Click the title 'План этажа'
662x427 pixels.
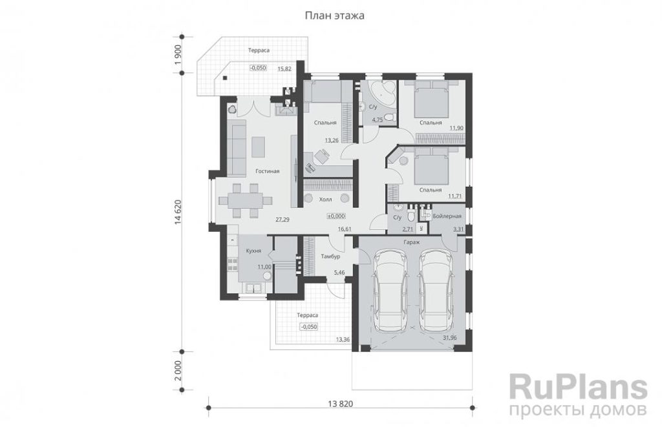click(334, 16)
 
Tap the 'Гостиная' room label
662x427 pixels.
click(267, 171)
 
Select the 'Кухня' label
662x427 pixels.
click(253, 251)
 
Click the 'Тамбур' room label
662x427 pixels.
click(330, 256)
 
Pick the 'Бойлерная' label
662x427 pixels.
click(447, 216)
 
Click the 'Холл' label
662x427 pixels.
click(326, 199)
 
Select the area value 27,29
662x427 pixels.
click(283, 220)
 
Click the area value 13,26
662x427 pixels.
click(332, 140)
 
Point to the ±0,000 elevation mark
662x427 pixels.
click(336, 216)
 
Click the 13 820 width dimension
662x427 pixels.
click(340, 404)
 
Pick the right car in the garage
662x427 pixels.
click(435, 291)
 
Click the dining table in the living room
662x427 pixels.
click(245, 201)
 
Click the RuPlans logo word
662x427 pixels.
click(579, 386)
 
